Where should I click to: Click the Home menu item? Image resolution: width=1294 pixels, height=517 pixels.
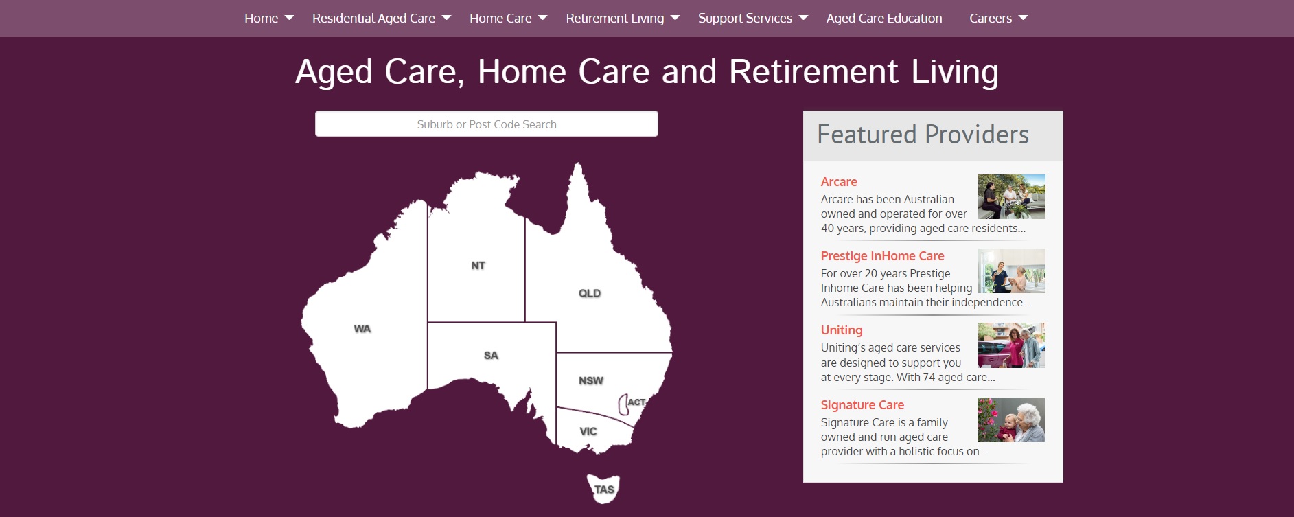tap(261, 19)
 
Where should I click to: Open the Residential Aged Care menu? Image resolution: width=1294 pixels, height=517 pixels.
tap(373, 19)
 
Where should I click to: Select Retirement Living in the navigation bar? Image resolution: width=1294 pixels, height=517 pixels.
tap(614, 19)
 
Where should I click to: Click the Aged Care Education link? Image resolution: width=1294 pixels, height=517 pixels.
tap(883, 19)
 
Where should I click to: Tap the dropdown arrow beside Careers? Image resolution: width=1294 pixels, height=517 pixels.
tap(1023, 18)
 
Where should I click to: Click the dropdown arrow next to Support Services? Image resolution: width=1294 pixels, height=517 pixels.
tap(803, 18)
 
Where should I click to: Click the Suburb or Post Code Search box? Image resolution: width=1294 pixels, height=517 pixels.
tap(487, 124)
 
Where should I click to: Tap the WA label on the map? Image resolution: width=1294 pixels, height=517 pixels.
tap(362, 329)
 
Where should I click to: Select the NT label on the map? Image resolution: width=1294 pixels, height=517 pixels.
tap(478, 266)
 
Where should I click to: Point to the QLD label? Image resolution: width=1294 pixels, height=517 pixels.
tap(590, 293)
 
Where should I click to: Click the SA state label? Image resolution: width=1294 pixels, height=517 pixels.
tap(491, 356)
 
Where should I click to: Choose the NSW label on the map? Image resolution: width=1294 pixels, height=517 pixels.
tap(591, 381)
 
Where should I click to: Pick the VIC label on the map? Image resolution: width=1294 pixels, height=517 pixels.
tap(588, 432)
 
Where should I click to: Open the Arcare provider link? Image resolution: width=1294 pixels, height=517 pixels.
tap(839, 182)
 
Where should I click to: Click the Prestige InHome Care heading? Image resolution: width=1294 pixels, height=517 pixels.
tap(882, 256)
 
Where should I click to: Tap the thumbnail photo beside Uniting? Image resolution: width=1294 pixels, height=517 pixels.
tap(1011, 345)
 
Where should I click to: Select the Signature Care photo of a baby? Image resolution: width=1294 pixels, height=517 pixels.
tap(1011, 420)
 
